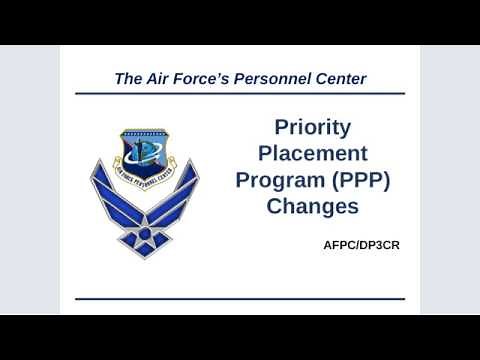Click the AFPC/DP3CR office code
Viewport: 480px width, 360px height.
click(361, 245)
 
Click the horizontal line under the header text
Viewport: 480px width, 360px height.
click(240, 95)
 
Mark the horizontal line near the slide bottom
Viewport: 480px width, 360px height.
click(240, 298)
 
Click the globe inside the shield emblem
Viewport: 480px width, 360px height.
click(149, 151)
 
